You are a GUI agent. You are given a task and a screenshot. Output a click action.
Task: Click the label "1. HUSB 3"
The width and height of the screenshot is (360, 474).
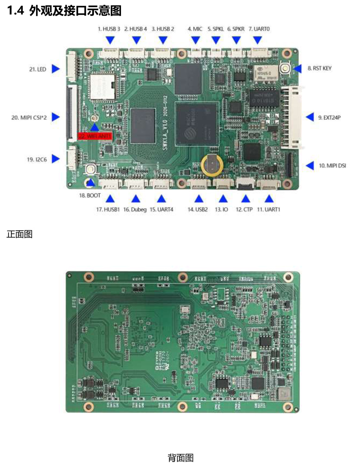[x=109, y=29]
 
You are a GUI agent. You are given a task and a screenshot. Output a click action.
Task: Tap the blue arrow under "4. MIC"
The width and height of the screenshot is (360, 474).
[x=195, y=40]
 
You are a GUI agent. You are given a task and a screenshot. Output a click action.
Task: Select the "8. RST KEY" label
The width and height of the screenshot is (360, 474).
[x=319, y=68]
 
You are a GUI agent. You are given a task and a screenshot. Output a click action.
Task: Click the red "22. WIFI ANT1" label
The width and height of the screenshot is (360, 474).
[x=95, y=136]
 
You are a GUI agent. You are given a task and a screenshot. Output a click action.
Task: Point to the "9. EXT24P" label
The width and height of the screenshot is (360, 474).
[x=329, y=117]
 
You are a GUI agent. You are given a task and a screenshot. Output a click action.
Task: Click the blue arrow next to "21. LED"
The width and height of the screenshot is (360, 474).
[x=55, y=69]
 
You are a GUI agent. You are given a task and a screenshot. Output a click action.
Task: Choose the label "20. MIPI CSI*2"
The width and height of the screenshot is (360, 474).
[x=29, y=117]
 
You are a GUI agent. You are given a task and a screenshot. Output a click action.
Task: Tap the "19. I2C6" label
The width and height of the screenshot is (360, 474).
[x=37, y=159]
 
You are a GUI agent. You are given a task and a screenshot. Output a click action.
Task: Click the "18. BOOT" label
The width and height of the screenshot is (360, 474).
[x=90, y=195]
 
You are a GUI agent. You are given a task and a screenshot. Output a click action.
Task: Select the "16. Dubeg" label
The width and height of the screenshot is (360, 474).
[x=135, y=209]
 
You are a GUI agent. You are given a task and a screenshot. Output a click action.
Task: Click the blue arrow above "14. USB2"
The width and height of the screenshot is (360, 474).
[x=199, y=199]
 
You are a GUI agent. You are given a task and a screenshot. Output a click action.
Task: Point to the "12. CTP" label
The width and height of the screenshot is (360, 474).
[x=244, y=209]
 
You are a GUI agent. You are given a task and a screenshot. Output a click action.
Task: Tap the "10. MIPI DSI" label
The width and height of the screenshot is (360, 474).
[x=332, y=166]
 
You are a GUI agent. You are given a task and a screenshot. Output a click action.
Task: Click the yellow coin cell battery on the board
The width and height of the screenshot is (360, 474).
[x=212, y=165]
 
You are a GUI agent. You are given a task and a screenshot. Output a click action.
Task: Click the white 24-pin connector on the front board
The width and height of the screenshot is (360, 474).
[x=291, y=117]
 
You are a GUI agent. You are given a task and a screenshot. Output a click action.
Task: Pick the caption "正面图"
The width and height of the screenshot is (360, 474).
[x=19, y=234]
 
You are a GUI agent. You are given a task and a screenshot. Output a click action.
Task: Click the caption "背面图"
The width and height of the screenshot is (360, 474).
[x=181, y=458]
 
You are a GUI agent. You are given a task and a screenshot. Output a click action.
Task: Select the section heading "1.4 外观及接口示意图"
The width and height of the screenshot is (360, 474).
[x=64, y=11]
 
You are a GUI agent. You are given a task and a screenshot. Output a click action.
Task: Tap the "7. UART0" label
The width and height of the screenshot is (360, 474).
[x=259, y=29]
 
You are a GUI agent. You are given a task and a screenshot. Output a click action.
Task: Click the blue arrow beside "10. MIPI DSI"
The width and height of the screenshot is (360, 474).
[x=310, y=166]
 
